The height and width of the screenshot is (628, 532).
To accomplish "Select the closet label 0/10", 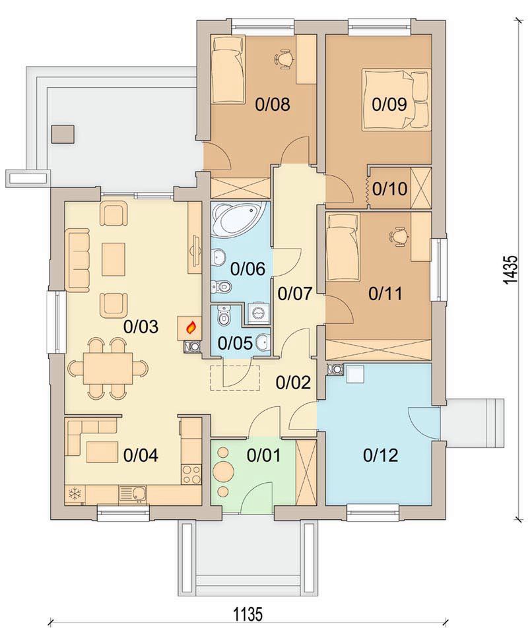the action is (x=389, y=188).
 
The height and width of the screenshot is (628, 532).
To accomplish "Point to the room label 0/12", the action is (x=381, y=455).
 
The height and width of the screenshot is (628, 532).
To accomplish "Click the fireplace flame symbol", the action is (x=192, y=328).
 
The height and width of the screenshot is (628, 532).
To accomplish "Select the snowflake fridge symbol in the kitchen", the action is (x=75, y=493).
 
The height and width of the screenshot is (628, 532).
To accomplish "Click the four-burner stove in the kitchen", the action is (x=191, y=474).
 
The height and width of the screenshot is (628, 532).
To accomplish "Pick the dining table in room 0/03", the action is (x=108, y=368).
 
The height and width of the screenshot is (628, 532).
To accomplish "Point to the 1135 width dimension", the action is (x=248, y=613).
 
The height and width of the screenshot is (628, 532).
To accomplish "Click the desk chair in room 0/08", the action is (x=284, y=58).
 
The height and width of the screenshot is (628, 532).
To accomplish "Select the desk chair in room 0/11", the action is (x=398, y=235).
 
